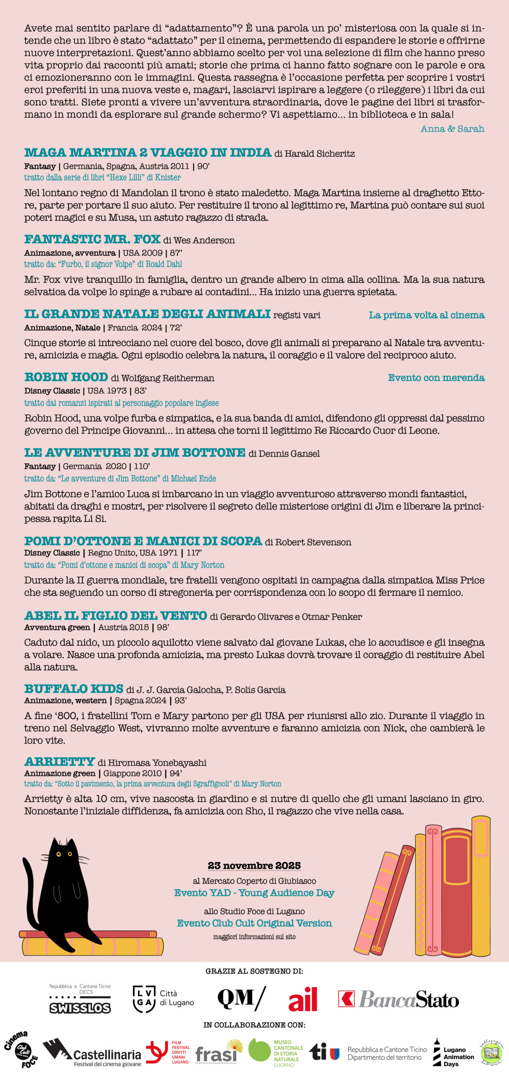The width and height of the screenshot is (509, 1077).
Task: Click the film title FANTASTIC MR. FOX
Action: (92, 239)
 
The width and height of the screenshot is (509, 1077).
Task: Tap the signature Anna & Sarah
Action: (452, 129)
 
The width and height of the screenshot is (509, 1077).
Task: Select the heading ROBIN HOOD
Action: (66, 377)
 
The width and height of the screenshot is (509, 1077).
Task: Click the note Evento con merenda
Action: (436, 378)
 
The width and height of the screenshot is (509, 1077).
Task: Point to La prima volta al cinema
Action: (426, 315)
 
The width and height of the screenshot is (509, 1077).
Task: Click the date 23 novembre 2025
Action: (254, 865)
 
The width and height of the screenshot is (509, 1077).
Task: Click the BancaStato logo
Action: (398, 999)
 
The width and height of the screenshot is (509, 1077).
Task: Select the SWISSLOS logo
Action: (80, 1008)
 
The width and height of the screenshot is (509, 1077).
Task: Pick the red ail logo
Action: (303, 999)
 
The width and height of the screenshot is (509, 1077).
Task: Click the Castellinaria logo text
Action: (107, 1055)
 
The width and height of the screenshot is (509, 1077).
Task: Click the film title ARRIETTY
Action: (59, 761)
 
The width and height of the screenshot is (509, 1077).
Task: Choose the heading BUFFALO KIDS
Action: (74, 689)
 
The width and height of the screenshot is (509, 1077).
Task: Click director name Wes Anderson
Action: (204, 240)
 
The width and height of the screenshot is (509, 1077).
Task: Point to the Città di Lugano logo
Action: (163, 999)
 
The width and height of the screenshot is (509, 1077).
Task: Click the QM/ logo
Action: (241, 998)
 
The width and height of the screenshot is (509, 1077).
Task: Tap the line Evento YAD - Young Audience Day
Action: (254, 893)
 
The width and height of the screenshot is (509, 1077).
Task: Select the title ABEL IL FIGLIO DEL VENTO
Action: (116, 615)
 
